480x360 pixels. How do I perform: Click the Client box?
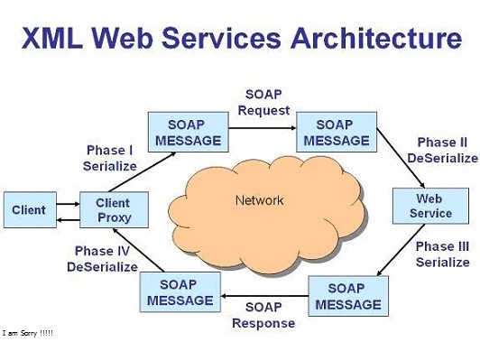[29, 210]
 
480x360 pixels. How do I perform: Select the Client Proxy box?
[113, 210]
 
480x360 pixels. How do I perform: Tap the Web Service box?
[430, 206]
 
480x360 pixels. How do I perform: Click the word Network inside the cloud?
[259, 200]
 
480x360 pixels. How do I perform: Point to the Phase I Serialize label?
[111, 158]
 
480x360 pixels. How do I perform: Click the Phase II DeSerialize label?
[442, 151]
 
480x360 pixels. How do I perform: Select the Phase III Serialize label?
[442, 254]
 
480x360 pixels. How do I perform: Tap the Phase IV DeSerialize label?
[103, 259]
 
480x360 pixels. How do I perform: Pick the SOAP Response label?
[263, 315]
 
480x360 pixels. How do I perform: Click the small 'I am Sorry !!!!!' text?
[28, 333]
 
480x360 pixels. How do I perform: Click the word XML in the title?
[55, 39]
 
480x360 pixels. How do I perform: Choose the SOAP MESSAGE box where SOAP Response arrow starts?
[348, 294]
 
